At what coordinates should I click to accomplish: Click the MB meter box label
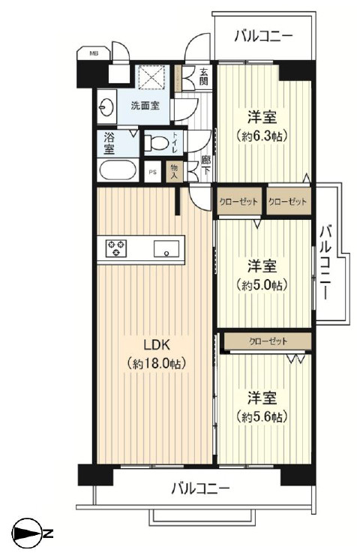coord(94,54)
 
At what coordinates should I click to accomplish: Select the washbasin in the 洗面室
coord(106,107)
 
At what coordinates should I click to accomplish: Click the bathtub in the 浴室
coord(118,170)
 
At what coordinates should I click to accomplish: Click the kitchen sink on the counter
coord(166,248)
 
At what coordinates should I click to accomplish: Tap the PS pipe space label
coord(152,173)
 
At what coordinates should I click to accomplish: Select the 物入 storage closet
coord(174,172)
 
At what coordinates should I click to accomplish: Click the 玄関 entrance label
coord(203,77)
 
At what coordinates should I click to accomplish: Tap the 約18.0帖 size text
coord(157,363)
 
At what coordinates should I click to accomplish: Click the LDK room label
coord(157,344)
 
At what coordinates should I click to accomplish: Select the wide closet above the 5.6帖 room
coord(268,341)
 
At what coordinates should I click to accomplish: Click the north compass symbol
coord(27,533)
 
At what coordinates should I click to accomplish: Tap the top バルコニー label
coord(263,36)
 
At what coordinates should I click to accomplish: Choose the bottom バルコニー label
coord(200,488)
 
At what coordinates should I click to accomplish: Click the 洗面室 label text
coord(145,105)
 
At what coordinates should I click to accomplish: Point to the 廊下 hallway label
coord(205,166)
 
